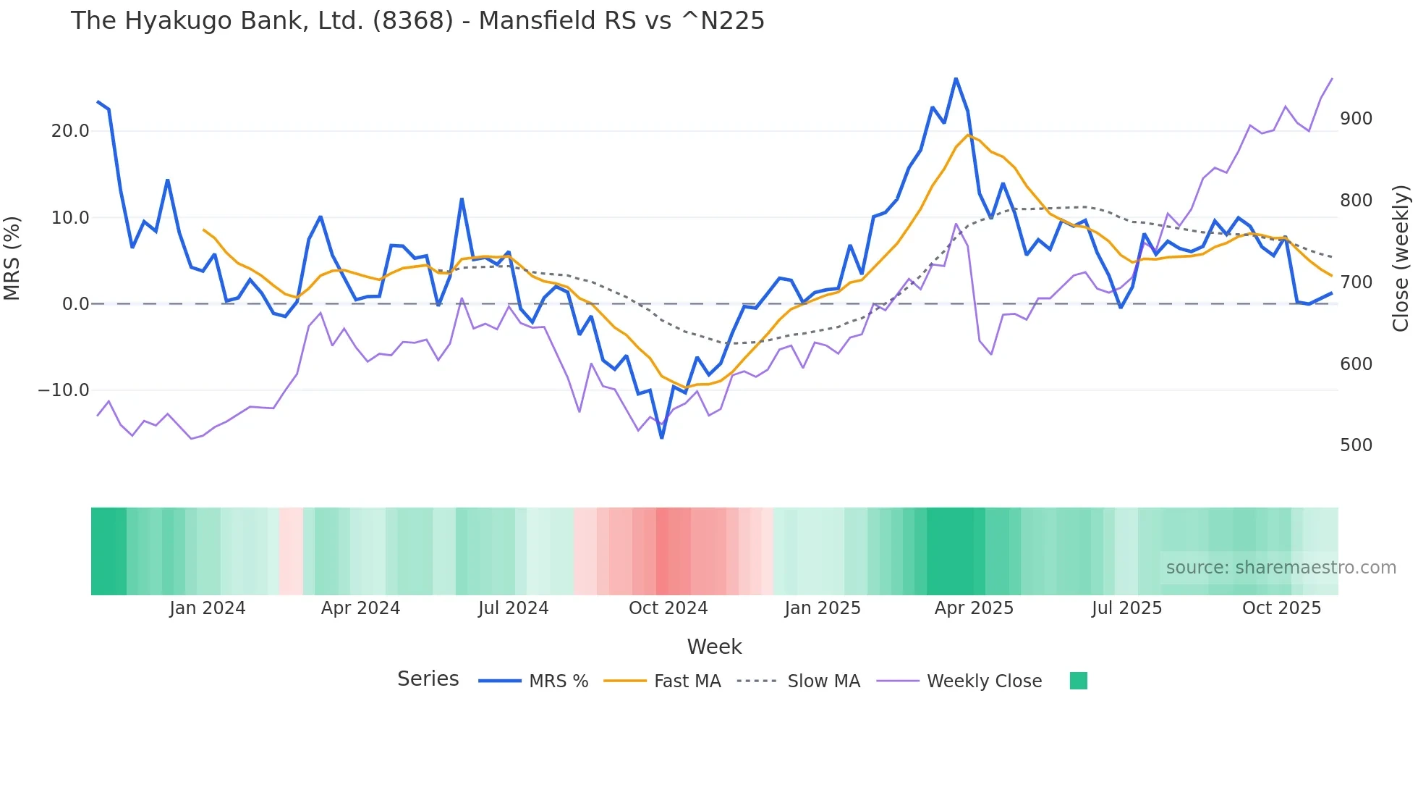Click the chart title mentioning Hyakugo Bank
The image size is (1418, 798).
[417, 21]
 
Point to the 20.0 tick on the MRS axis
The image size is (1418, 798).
[70, 131]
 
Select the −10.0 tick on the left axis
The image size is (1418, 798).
[64, 390]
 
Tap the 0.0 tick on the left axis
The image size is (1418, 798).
[75, 304]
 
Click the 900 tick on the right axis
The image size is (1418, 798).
[1356, 119]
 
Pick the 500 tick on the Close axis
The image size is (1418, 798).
[1356, 445]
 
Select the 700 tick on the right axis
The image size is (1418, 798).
[1356, 282]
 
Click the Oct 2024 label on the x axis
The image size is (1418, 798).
[668, 608]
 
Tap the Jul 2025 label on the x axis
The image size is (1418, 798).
[1126, 608]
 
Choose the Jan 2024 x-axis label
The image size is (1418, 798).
[208, 608]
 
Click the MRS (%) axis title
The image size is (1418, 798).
[12, 259]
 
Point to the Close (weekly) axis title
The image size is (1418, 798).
[1401, 259]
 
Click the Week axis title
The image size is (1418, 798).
[714, 647]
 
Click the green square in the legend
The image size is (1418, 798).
[1078, 681]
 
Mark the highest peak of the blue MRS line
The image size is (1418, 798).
[956, 78]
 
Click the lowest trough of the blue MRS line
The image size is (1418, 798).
[662, 437]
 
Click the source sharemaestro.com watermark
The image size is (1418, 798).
[1281, 568]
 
